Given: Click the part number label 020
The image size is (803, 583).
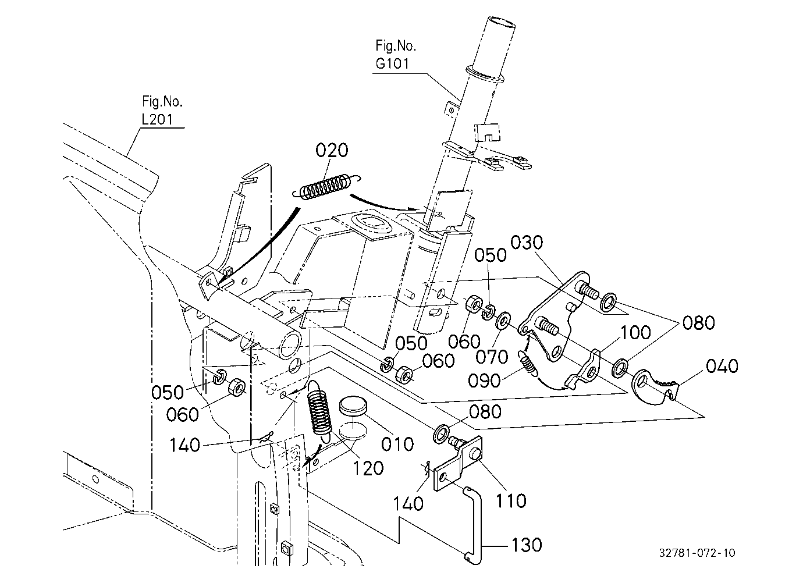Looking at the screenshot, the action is click(332, 150).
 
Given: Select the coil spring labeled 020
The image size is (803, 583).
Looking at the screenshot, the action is click(327, 186).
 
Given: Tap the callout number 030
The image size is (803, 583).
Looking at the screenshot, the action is click(527, 243).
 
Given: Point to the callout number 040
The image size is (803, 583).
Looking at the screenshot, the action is click(722, 367).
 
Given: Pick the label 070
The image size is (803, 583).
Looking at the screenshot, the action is click(492, 357).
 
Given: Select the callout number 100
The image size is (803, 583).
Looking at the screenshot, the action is click(635, 333).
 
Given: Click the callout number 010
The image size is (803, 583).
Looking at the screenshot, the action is click(397, 445).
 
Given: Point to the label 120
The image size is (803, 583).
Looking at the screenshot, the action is click(368, 468).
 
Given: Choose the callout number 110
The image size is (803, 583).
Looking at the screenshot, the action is click(511, 500).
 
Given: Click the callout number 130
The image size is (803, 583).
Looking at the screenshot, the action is click(526, 545).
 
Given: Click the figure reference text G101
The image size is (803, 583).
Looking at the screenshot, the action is click(392, 64).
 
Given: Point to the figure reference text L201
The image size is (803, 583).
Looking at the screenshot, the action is click(158, 119).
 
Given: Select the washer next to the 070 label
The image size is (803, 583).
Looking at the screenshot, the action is click(503, 320).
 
